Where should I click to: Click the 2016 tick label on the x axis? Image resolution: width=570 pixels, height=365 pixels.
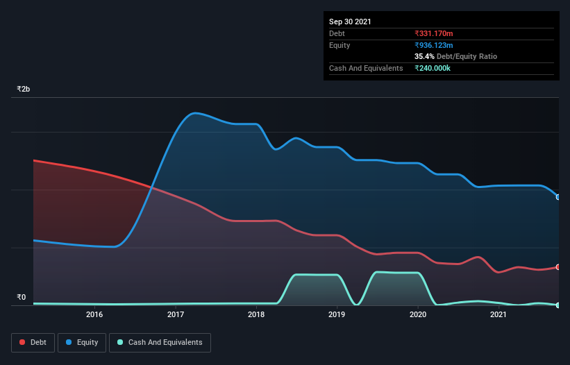(x=94, y=314)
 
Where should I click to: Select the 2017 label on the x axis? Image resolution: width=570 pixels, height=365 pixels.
(x=176, y=314)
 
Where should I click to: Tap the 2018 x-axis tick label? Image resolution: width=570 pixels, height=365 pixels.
(x=256, y=314)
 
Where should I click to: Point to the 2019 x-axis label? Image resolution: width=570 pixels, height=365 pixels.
(x=337, y=314)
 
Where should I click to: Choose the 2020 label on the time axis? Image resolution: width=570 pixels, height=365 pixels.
(x=418, y=314)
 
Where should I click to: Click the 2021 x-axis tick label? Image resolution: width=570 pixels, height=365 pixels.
(x=498, y=314)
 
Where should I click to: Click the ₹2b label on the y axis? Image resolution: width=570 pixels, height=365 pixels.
(x=24, y=90)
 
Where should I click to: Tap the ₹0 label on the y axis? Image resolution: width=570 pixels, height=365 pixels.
(x=21, y=297)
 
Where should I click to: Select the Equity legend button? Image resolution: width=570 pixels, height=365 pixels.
(x=82, y=342)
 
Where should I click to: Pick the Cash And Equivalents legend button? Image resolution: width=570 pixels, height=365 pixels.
(x=160, y=342)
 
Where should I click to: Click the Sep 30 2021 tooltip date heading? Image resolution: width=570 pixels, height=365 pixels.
(x=350, y=22)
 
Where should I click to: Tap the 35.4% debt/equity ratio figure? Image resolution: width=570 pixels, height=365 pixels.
(x=424, y=56)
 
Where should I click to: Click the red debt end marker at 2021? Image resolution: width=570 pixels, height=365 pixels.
(x=558, y=267)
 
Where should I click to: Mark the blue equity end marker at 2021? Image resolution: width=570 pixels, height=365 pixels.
(x=558, y=197)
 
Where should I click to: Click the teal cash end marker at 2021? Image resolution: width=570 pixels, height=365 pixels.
(x=558, y=305)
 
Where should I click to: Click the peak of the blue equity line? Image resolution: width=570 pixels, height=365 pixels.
(x=196, y=112)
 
